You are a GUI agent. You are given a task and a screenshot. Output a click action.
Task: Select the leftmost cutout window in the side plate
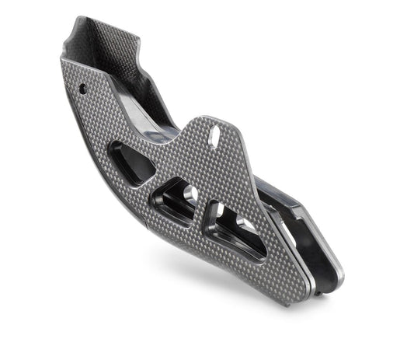(133, 161)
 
